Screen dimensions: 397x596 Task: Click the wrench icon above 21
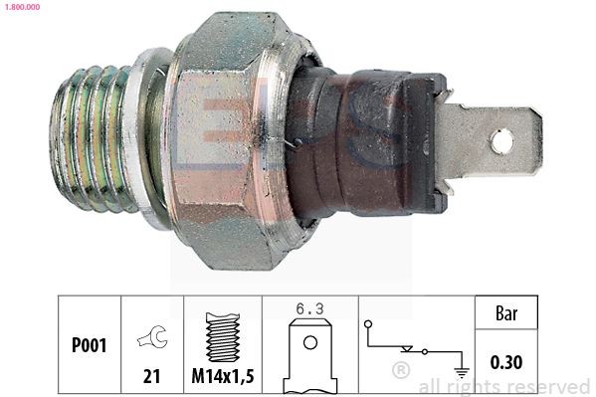153,339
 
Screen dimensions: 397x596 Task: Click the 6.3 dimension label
309,308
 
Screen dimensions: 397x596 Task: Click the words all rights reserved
503,387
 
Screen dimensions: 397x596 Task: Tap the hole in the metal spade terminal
503,142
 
